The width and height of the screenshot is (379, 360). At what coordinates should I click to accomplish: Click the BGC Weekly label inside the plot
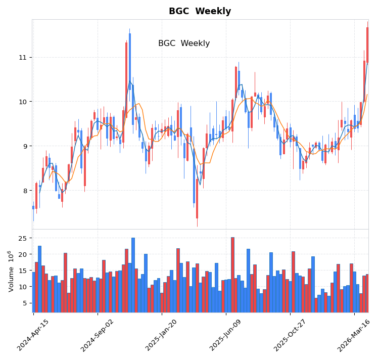click(184, 43)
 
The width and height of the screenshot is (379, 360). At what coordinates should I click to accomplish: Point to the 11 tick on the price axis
click(23, 57)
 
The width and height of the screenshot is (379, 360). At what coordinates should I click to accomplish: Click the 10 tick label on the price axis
click(23, 102)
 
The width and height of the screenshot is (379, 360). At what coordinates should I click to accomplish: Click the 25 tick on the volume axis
click(23, 238)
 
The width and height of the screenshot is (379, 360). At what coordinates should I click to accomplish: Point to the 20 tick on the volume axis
click(23, 254)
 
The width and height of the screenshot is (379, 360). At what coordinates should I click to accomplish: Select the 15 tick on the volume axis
click(23, 271)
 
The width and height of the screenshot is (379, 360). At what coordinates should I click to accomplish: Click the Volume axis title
click(11, 271)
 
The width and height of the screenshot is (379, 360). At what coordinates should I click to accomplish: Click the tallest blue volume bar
click(133, 275)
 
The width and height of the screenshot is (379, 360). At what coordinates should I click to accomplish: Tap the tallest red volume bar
click(232, 275)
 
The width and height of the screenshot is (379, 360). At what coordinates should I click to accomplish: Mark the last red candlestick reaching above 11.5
click(367, 44)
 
